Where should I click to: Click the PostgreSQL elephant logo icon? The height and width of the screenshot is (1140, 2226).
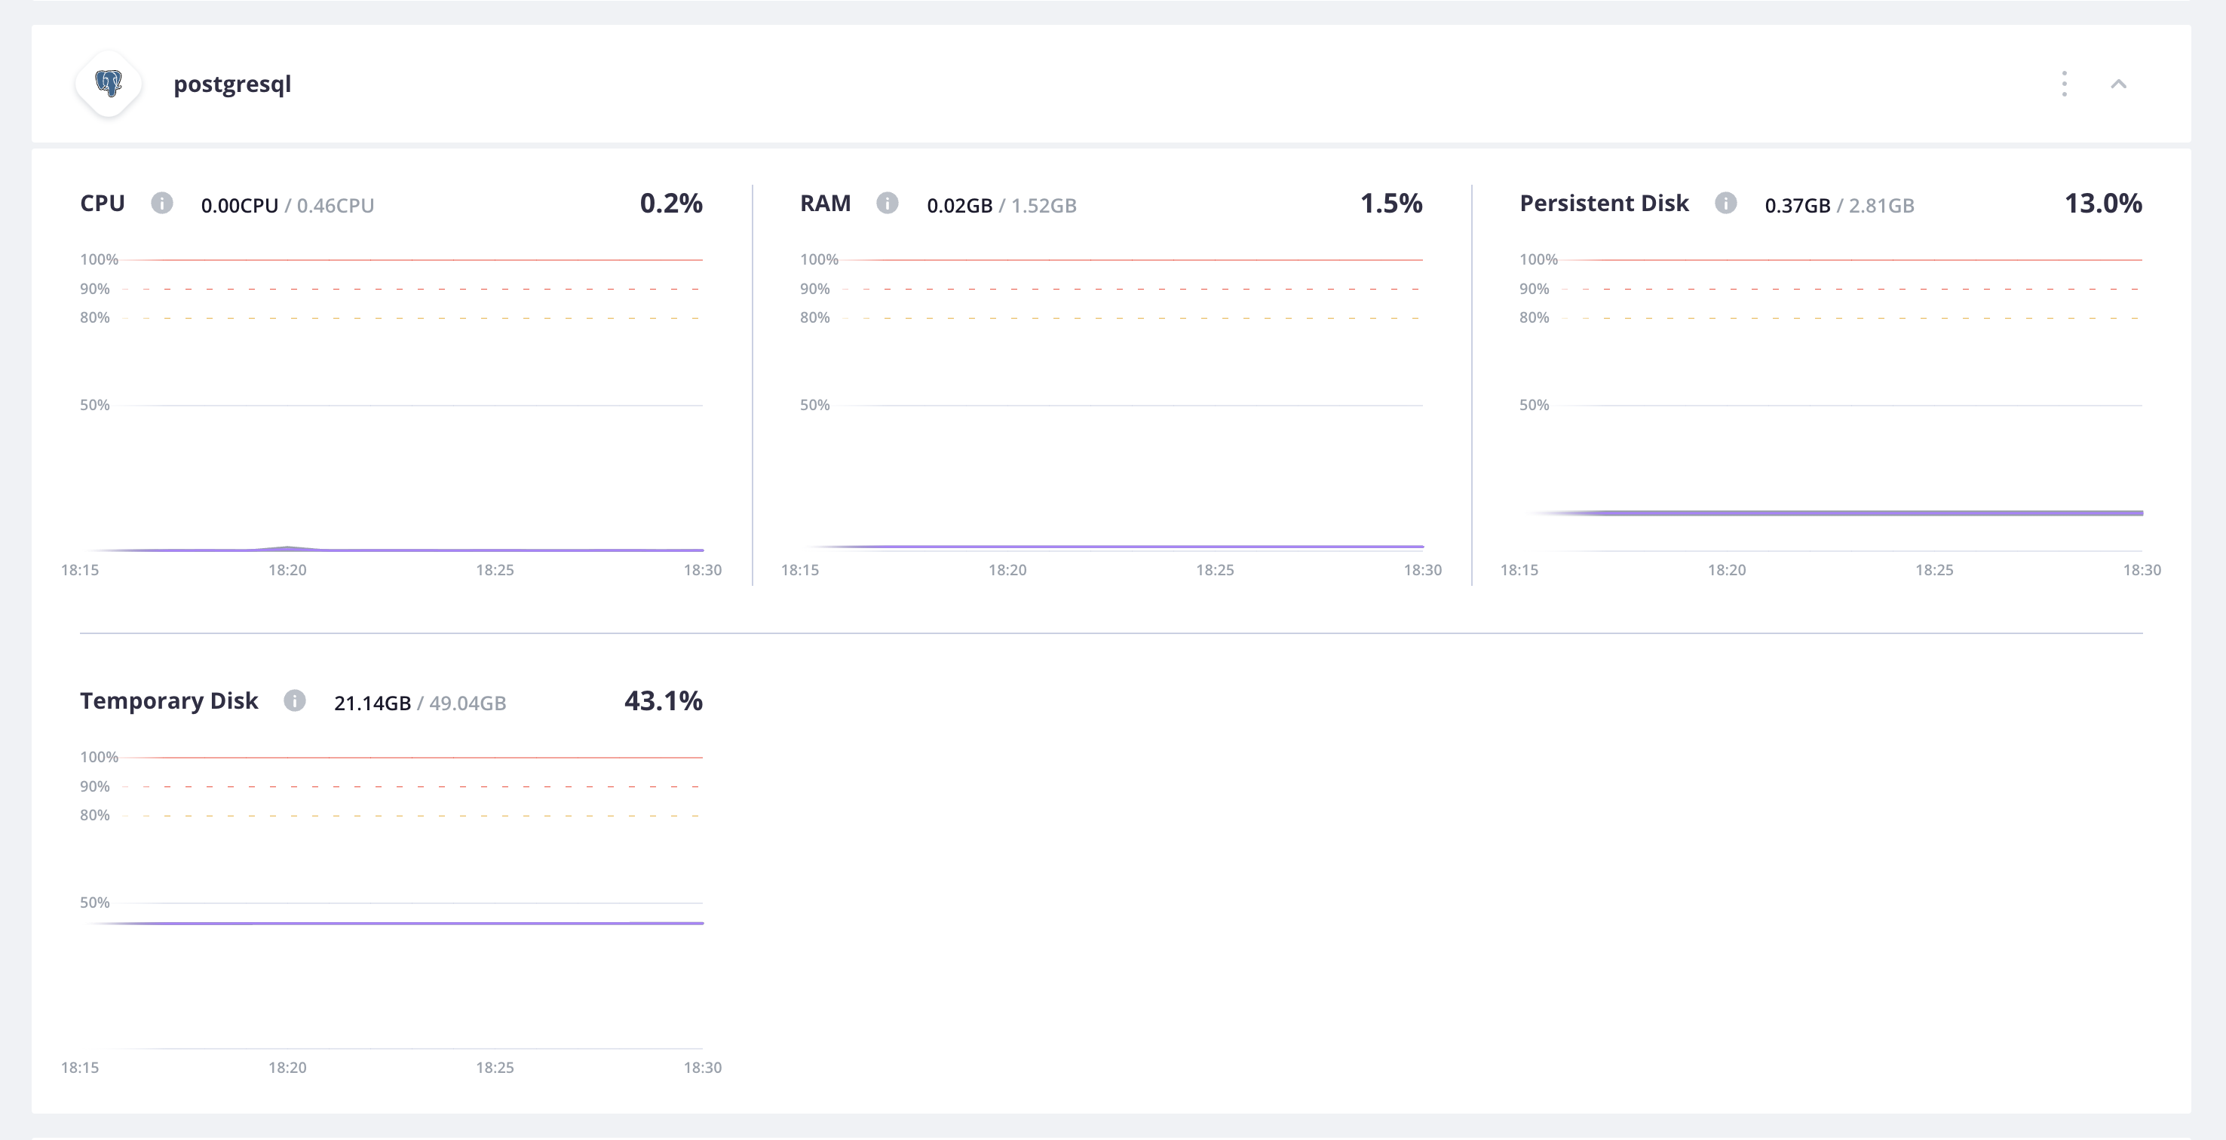tap(109, 84)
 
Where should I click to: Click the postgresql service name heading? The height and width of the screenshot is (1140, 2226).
tap(231, 84)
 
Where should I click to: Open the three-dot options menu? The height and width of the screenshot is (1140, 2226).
tap(2065, 84)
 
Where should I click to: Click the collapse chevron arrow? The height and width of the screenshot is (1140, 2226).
tap(2118, 84)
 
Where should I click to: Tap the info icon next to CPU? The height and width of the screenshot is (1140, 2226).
tap(161, 203)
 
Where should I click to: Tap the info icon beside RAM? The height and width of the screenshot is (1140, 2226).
tap(887, 203)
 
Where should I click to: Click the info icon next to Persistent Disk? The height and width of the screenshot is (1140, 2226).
tap(1725, 203)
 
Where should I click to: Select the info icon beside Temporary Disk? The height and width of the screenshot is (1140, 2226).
tap(295, 701)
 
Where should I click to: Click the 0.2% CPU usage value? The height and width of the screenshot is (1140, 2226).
tap(670, 203)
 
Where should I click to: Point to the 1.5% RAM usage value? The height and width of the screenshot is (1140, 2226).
tap(1390, 203)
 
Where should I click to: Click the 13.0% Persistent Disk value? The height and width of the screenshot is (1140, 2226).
tap(2102, 203)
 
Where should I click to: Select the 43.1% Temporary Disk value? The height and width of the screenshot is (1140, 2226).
tap(663, 701)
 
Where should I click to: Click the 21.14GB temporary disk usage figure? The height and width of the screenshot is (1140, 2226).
tap(373, 703)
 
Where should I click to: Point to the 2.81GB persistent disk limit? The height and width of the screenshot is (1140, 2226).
tap(1881, 206)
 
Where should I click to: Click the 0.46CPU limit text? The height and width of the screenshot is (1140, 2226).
tap(336, 206)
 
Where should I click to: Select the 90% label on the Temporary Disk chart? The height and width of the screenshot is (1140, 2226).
tap(95, 786)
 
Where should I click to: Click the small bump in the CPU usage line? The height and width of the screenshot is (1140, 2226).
tap(288, 547)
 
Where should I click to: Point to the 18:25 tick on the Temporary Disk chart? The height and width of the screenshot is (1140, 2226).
tap(494, 1068)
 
